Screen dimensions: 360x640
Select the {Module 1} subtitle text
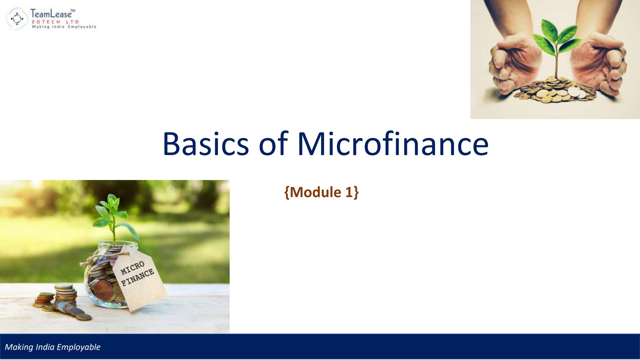321,192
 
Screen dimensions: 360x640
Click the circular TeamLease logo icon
17,19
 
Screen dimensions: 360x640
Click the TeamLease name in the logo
51,14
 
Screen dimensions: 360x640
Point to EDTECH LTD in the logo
55,22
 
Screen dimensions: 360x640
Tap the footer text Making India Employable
52,347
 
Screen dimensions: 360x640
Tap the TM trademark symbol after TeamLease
73,11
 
